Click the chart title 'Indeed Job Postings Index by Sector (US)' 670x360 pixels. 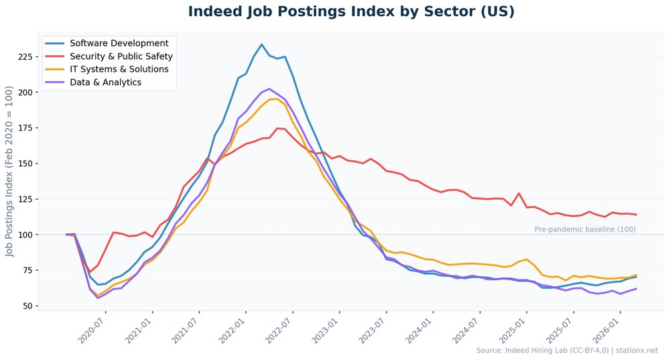click(351, 12)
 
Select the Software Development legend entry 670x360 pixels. click(119, 44)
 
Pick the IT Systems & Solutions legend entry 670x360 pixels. click(119, 69)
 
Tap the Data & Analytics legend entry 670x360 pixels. click(105, 82)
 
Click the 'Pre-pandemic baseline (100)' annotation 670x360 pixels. click(585, 229)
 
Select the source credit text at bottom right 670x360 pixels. click(567, 351)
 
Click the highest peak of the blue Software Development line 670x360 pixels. click(261, 45)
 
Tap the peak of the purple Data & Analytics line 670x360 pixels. click(269, 88)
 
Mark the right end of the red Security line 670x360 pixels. click(636, 215)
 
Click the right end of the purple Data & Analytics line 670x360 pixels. click(636, 289)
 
